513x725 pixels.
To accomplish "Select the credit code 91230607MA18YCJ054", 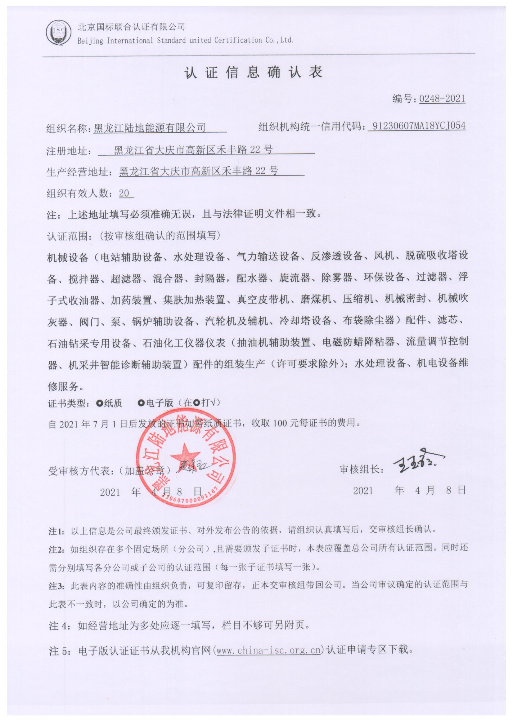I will pos(418,126).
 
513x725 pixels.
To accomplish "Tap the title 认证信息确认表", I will pos(253,72).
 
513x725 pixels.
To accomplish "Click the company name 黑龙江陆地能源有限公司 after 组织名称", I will pos(150,127).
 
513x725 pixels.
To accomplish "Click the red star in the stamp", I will pos(185,456).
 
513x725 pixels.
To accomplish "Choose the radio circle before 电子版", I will pos(141,403).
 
